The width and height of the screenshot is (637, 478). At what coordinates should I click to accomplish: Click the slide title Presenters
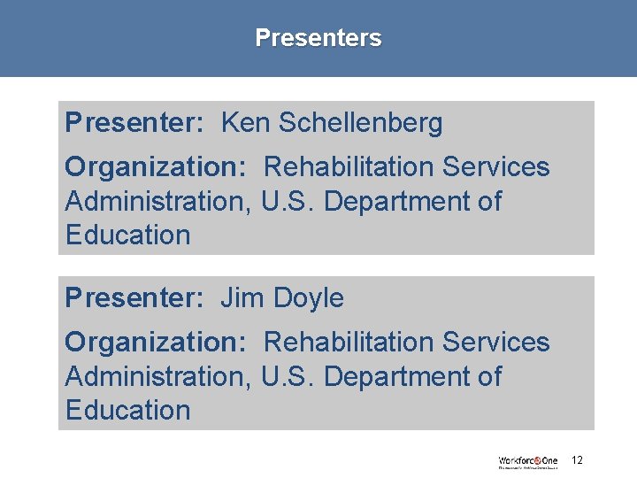click(318, 38)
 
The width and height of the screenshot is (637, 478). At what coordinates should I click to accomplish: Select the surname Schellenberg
click(360, 124)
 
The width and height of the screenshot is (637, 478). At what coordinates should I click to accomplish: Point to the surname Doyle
click(308, 299)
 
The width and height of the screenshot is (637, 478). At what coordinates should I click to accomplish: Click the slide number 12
click(577, 460)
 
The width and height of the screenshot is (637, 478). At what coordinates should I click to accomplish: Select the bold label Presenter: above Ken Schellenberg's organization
click(134, 123)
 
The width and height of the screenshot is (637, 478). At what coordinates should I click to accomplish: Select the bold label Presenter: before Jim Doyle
click(134, 298)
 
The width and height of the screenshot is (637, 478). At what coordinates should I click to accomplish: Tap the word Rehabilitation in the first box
click(349, 166)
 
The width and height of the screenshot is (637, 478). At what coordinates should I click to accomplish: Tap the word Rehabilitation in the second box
click(349, 342)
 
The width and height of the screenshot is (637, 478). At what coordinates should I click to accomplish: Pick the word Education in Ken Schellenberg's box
click(127, 235)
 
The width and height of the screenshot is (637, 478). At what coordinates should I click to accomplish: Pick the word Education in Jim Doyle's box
click(127, 411)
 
